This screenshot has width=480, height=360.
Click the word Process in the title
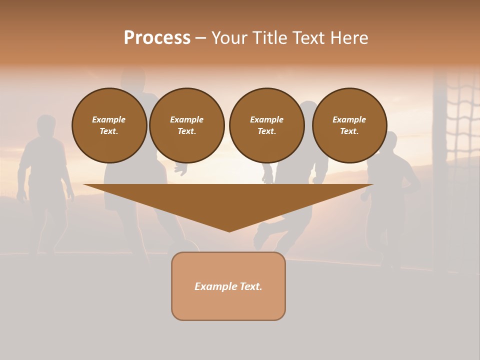[x=157, y=38]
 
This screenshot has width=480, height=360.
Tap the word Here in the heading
[x=348, y=38]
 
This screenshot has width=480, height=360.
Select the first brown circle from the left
[x=109, y=125]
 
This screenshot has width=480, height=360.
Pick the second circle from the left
[x=186, y=125]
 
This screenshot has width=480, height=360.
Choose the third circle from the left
[x=266, y=125]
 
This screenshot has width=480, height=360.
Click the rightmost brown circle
[x=349, y=125]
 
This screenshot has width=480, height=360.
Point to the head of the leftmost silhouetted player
[x=46, y=125]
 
